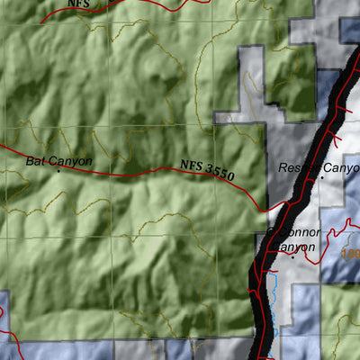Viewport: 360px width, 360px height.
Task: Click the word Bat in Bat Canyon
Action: point(34,161)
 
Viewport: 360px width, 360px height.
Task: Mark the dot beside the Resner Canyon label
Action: point(322,178)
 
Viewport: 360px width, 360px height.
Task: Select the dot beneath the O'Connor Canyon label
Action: point(293,256)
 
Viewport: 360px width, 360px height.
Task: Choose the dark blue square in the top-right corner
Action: point(349,27)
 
